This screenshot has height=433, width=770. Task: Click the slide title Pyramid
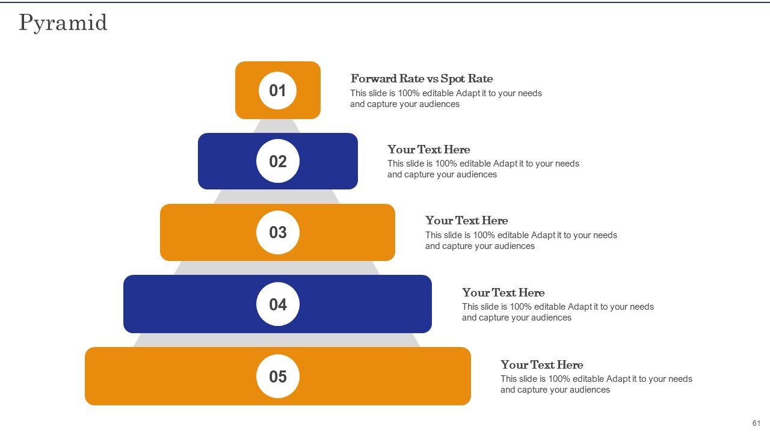pyautogui.click(x=63, y=23)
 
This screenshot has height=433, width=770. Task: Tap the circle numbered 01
pyautogui.click(x=277, y=91)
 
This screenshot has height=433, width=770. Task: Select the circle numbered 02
pyautogui.click(x=278, y=161)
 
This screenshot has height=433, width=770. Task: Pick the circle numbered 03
pyautogui.click(x=278, y=233)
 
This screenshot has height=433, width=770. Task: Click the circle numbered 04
pyautogui.click(x=278, y=304)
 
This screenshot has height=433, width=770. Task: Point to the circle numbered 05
pyautogui.click(x=278, y=376)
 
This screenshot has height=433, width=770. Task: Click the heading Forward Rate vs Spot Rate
pyautogui.click(x=422, y=79)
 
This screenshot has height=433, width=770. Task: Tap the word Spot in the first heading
pyautogui.click(x=452, y=79)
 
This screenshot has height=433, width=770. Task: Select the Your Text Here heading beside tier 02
pyautogui.click(x=429, y=150)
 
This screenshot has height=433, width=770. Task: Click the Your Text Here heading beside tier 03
pyautogui.click(x=466, y=220)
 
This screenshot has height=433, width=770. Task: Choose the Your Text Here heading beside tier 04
pyautogui.click(x=504, y=292)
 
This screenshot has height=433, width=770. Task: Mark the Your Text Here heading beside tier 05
pyautogui.click(x=542, y=364)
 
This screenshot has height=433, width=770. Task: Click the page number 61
pyautogui.click(x=756, y=423)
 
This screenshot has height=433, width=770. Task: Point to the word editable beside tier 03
pyautogui.click(x=513, y=235)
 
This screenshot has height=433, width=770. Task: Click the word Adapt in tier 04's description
pyautogui.click(x=581, y=307)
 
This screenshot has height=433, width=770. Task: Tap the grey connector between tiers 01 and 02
pyautogui.click(x=277, y=126)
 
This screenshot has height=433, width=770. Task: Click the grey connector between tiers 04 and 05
pyautogui.click(x=277, y=340)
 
